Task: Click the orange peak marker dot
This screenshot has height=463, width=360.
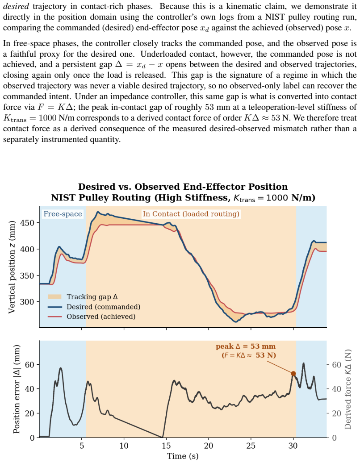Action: (x=293, y=374)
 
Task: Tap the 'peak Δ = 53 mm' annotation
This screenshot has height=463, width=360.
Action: (x=245, y=346)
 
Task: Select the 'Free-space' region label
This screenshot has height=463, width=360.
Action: (x=63, y=214)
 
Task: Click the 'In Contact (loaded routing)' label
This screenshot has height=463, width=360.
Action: (x=191, y=214)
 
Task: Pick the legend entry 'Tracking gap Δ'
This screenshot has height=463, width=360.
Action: (x=92, y=297)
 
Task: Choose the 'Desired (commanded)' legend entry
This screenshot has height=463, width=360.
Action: (x=103, y=307)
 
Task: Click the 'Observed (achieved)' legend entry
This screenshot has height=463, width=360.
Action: (x=101, y=317)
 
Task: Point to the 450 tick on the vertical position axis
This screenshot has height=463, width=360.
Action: (x=27, y=223)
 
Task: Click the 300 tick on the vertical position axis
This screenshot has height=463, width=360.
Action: (x=27, y=302)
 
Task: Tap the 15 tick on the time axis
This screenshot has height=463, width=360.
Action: (x=166, y=446)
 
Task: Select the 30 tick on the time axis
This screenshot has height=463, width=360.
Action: (x=293, y=446)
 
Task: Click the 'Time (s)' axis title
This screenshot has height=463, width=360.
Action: (x=183, y=456)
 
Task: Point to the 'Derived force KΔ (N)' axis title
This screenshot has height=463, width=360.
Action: (x=348, y=389)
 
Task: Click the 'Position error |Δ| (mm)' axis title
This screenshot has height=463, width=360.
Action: (x=17, y=389)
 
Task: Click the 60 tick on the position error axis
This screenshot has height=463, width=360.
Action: (x=29, y=364)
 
